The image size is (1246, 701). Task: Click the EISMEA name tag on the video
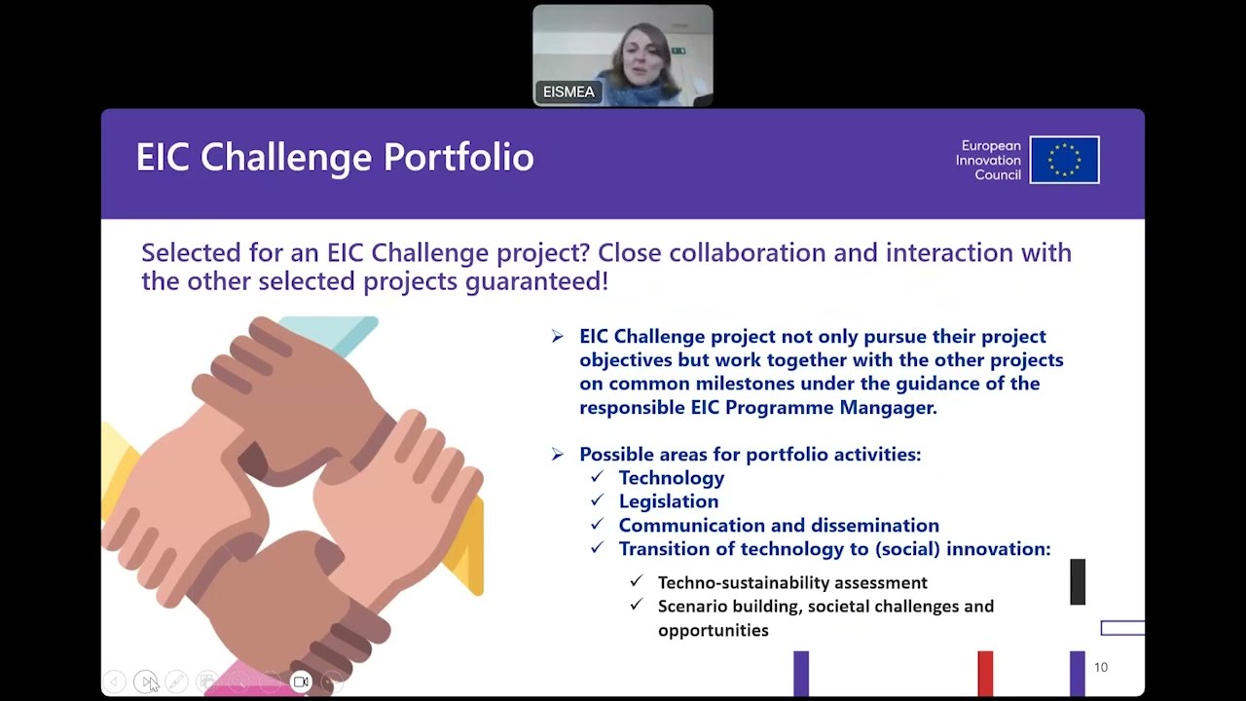pyautogui.click(x=568, y=92)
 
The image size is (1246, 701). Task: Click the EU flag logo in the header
pyautogui.click(x=1064, y=160)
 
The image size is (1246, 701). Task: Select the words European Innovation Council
pyautogui.click(x=988, y=160)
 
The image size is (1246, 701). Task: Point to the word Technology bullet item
pyautogui.click(x=672, y=478)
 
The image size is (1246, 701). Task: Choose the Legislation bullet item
pyautogui.click(x=669, y=501)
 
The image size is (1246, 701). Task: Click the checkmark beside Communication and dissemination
pyautogui.click(x=598, y=525)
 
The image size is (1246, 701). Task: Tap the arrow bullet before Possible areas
pyautogui.click(x=557, y=454)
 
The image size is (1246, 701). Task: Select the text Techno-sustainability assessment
pyautogui.click(x=792, y=582)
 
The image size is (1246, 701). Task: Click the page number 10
pyautogui.click(x=1101, y=667)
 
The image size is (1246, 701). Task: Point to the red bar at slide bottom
pyautogui.click(x=985, y=673)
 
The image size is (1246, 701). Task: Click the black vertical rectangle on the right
pyautogui.click(x=1078, y=581)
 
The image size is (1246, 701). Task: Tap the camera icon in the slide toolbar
pyautogui.click(x=301, y=682)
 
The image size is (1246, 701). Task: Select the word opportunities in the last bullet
pyautogui.click(x=713, y=630)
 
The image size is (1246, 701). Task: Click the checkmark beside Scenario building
pyautogui.click(x=637, y=605)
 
